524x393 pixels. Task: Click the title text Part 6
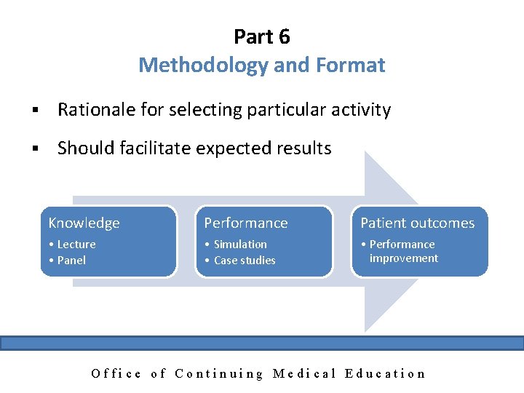pos(262,36)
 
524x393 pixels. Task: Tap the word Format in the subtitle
pos(352,65)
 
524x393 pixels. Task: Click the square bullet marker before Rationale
pos(33,111)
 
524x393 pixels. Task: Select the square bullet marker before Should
pos(33,149)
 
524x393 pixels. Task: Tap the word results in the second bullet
pos(301,148)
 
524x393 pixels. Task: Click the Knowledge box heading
pos(84,223)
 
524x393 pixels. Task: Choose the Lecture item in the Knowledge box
pos(76,245)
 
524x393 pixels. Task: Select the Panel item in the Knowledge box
pos(71,260)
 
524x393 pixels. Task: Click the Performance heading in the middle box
pos(245,223)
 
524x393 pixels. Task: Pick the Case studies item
pos(245,260)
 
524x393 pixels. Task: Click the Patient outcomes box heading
pos(417,223)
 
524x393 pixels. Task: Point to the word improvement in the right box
pos(403,258)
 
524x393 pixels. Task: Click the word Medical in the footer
pos(304,374)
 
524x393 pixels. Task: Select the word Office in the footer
pos(116,374)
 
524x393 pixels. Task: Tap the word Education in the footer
pos(385,374)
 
